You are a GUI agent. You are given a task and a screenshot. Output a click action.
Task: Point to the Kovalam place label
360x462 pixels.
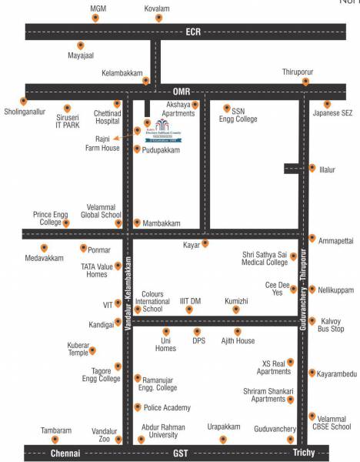pos(157,8)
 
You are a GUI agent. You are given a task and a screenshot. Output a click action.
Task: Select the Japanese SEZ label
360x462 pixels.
pos(332,113)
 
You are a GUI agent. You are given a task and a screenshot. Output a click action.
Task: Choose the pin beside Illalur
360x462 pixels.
pos(312,168)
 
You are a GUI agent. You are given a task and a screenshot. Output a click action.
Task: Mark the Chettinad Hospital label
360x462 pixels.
pos(107,117)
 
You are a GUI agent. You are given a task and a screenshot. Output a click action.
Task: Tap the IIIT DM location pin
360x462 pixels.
pos(189,310)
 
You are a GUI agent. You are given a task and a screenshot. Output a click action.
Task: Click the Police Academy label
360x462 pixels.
pos(166,407)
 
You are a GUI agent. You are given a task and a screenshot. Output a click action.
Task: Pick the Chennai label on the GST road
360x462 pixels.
pos(66,453)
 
